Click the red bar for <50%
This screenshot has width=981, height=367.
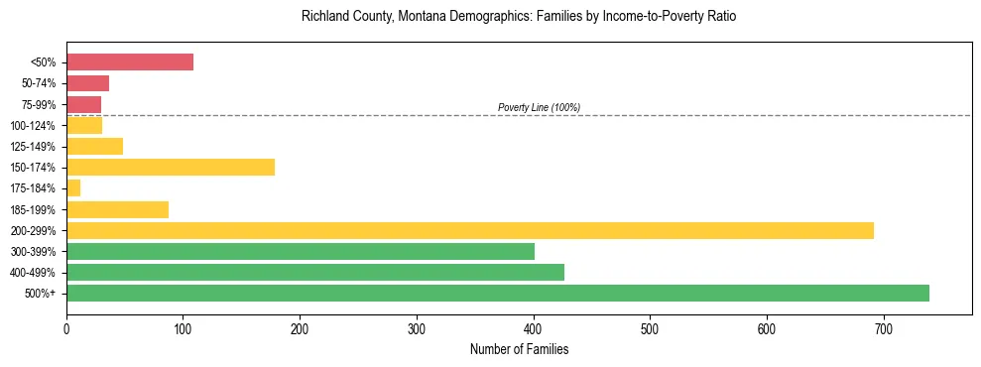click(130, 62)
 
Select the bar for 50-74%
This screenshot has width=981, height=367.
click(87, 83)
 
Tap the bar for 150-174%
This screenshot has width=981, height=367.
click(171, 168)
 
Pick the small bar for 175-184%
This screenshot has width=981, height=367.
click(73, 188)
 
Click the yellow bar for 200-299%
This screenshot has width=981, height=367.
click(470, 230)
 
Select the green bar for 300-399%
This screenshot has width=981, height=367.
click(301, 251)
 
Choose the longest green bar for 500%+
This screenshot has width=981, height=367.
click(498, 293)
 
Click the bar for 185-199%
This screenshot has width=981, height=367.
click(117, 209)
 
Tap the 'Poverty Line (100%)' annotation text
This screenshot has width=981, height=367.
click(539, 107)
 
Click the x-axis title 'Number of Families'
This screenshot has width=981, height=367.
click(519, 349)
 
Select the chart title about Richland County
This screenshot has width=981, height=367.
click(519, 17)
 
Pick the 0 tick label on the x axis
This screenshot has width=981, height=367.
click(66, 327)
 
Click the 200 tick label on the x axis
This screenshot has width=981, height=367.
click(300, 327)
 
